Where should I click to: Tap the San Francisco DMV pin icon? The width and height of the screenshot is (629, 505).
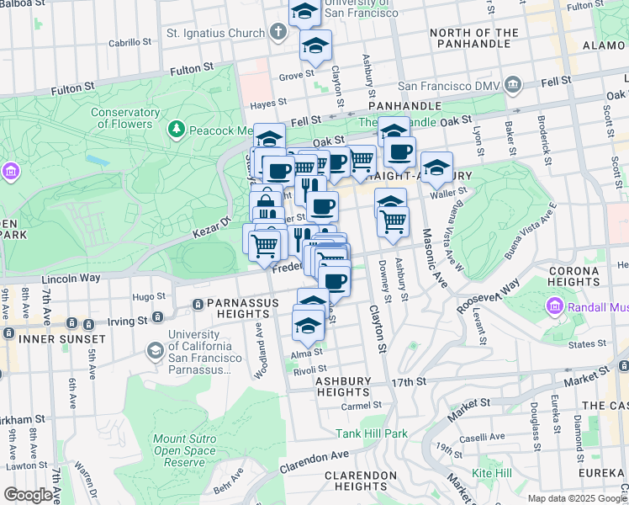[514, 85]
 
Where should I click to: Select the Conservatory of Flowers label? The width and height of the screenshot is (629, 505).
[126, 119]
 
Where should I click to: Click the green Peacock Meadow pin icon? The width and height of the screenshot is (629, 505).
[177, 129]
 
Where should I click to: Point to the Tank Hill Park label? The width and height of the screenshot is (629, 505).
[372, 433]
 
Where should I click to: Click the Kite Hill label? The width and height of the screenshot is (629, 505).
[492, 473]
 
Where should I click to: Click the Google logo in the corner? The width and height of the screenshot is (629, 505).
[28, 495]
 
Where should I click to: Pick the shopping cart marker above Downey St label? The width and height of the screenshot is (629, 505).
[393, 222]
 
